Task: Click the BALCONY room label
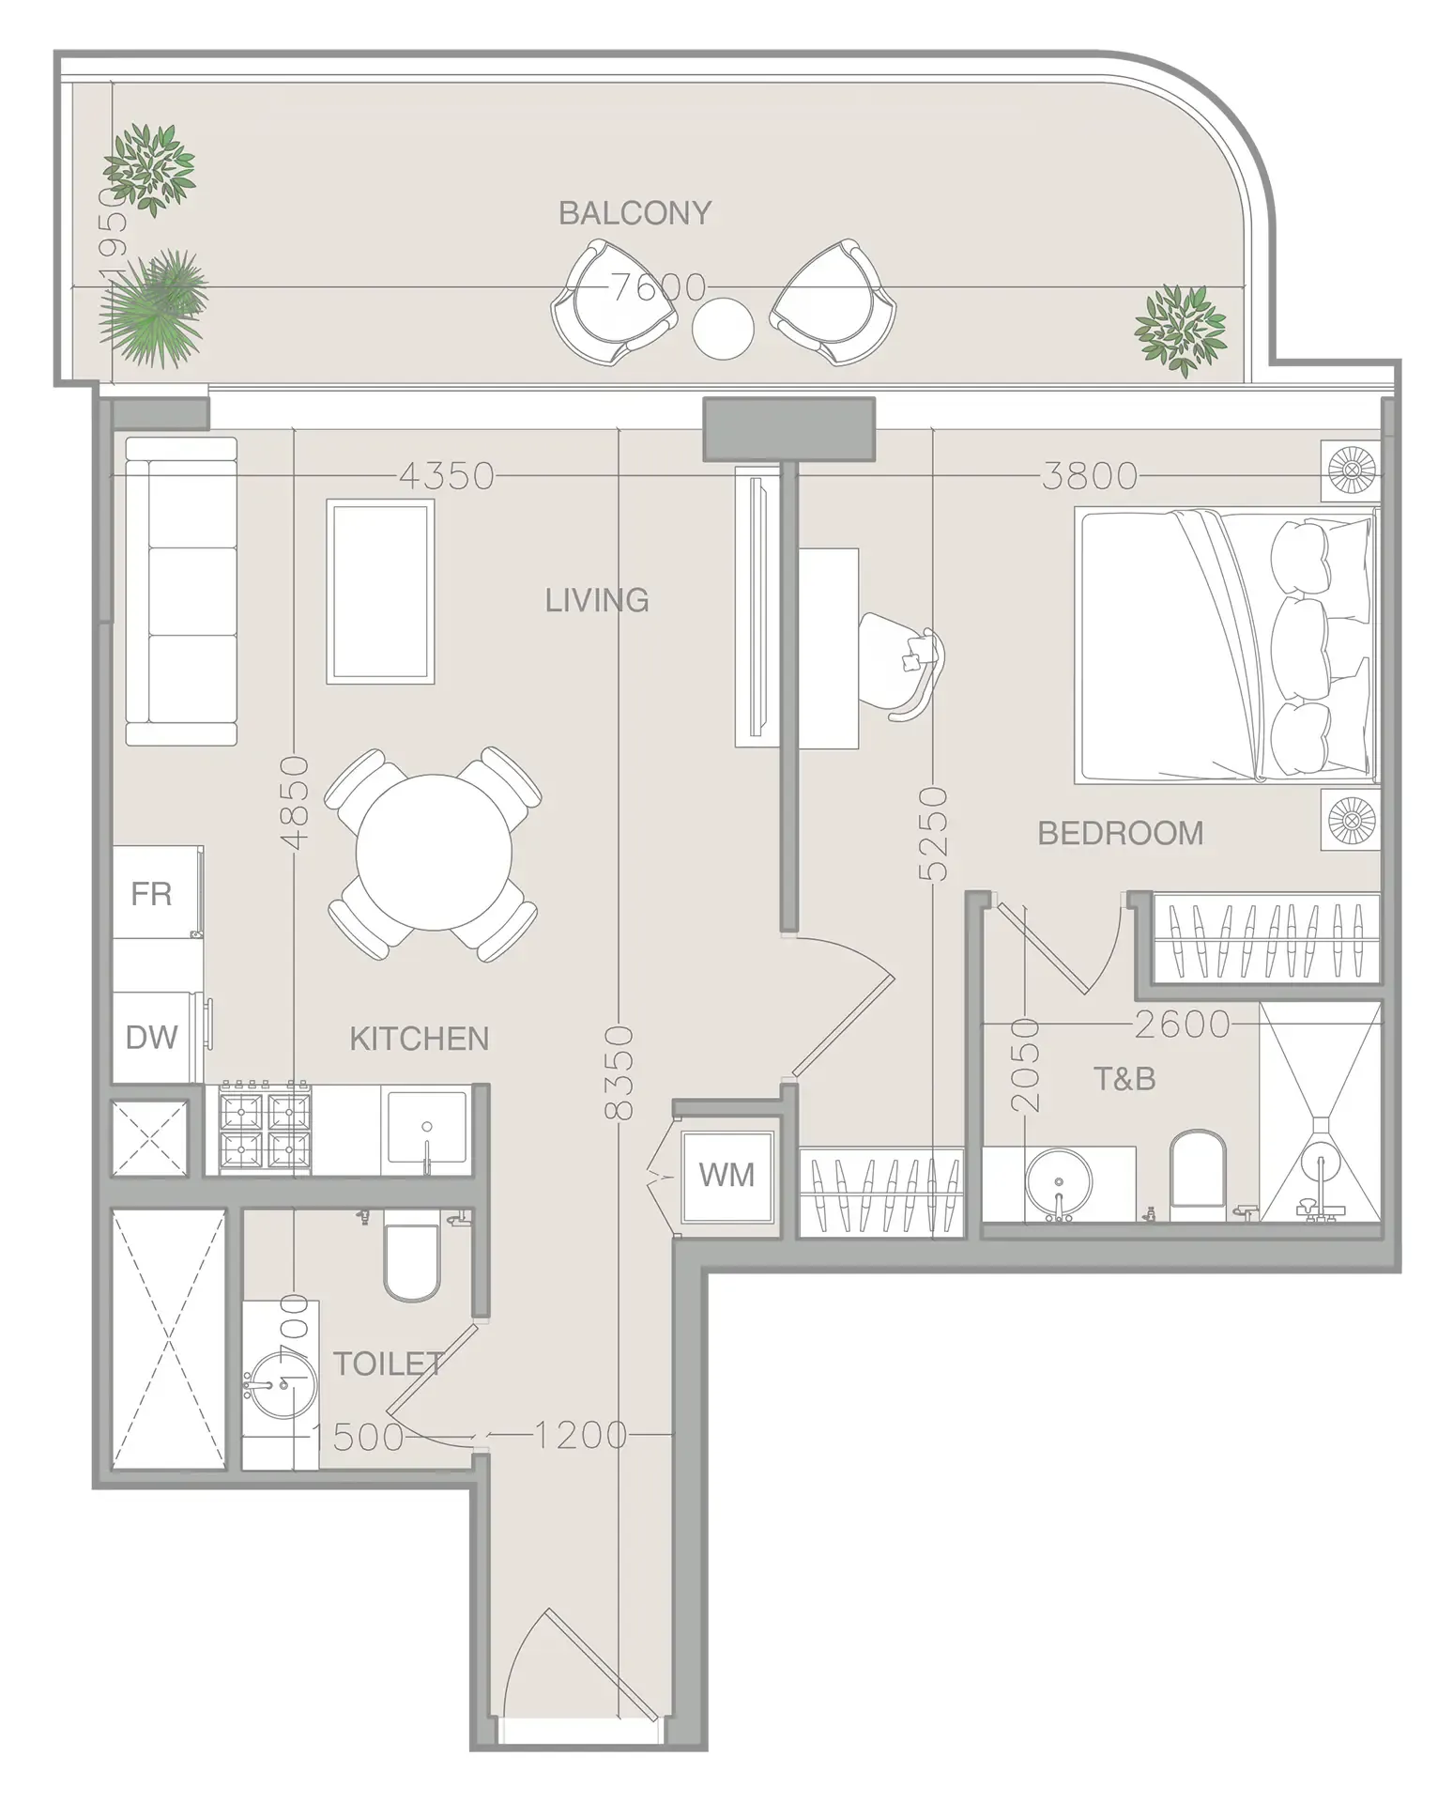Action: click(635, 213)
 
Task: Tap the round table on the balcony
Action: click(723, 328)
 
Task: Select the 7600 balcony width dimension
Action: click(658, 286)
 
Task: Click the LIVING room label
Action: click(597, 600)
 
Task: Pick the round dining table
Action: click(434, 853)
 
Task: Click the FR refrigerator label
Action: click(151, 894)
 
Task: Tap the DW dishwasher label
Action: click(151, 1038)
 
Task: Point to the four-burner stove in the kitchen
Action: click(265, 1129)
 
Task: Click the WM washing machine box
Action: click(726, 1175)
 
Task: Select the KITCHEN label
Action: click(419, 1039)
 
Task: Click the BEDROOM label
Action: click(1120, 833)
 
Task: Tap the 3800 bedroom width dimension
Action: click(1089, 477)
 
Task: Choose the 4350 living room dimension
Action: click(447, 477)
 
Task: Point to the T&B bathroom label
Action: click(1124, 1079)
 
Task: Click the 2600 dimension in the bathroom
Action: click(1182, 1024)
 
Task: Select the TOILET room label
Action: click(388, 1364)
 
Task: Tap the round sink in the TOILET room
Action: click(279, 1384)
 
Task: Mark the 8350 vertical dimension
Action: click(619, 1071)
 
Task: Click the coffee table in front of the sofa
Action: click(380, 591)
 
